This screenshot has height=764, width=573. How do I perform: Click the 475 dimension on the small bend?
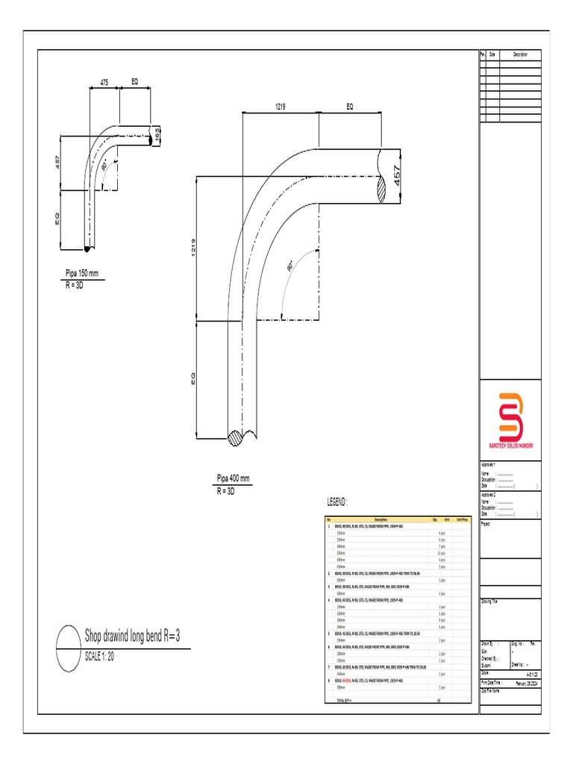tap(105, 83)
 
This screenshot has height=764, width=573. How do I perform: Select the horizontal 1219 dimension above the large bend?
tap(281, 107)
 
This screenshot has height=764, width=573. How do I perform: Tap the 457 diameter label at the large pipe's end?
tap(398, 176)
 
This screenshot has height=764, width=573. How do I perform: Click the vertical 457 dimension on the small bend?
tap(56, 162)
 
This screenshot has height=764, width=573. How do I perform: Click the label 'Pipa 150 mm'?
tap(82, 274)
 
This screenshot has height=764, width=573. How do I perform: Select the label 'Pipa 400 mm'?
tap(234, 478)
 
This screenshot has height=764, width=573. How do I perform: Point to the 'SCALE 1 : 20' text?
tap(99, 657)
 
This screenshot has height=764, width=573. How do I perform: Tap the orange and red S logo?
tap(510, 417)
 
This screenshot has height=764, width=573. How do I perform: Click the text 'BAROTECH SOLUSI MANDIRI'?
tap(510, 445)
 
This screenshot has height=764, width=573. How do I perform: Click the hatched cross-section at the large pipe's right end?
tap(383, 188)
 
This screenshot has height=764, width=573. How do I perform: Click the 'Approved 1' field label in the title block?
tap(489, 464)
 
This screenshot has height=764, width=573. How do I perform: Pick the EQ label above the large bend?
tap(349, 107)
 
